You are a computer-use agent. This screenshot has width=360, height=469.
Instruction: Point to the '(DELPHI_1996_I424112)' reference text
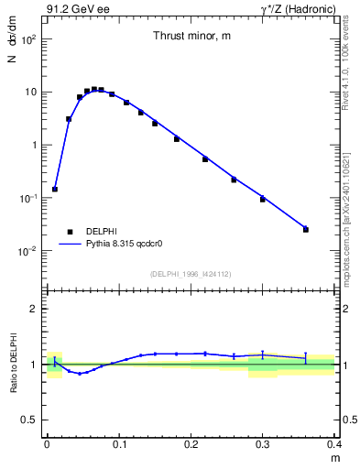click(190, 273)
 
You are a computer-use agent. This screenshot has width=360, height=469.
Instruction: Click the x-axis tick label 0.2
click(191, 443)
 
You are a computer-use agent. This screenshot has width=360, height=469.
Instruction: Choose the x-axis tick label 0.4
click(334, 443)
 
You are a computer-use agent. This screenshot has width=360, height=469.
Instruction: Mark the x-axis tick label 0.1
click(118, 443)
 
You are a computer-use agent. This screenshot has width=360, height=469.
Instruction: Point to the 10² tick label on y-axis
click(29, 39)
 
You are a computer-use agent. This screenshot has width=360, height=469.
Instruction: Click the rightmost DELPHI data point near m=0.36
click(306, 229)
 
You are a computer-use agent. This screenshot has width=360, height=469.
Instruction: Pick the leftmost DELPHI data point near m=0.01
click(55, 189)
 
